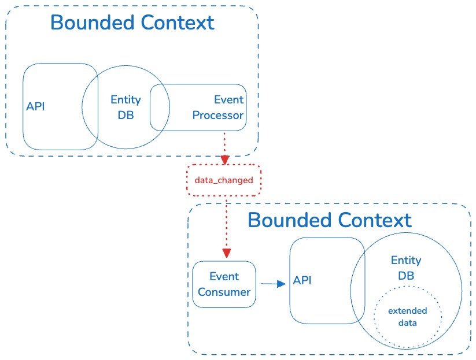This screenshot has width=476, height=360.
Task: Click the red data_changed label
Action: click(x=224, y=180)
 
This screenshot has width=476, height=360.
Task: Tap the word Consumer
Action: click(x=224, y=291)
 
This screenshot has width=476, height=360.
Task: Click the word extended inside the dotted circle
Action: click(x=407, y=311)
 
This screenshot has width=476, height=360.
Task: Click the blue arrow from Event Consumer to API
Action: click(x=274, y=284)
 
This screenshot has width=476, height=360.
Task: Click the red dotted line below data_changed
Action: click(x=226, y=222)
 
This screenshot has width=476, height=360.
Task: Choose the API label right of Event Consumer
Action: click(x=302, y=281)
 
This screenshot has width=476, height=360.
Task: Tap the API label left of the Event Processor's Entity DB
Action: click(x=35, y=107)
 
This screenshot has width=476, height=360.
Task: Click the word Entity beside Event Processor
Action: click(x=126, y=100)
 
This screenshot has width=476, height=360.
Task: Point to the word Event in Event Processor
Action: click(x=228, y=100)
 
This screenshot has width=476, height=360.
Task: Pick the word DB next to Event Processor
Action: click(x=126, y=115)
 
